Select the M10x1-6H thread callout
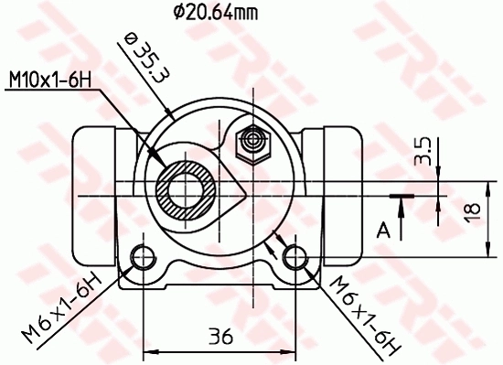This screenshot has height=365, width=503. pyautogui.click(x=51, y=81)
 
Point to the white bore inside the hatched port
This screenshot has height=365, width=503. pyautogui.click(x=187, y=188)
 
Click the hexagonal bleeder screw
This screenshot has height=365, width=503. pyautogui.click(x=251, y=141)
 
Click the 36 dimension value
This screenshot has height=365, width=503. pyautogui.click(x=219, y=336)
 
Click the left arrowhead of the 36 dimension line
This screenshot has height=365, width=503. pyautogui.click(x=150, y=350)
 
